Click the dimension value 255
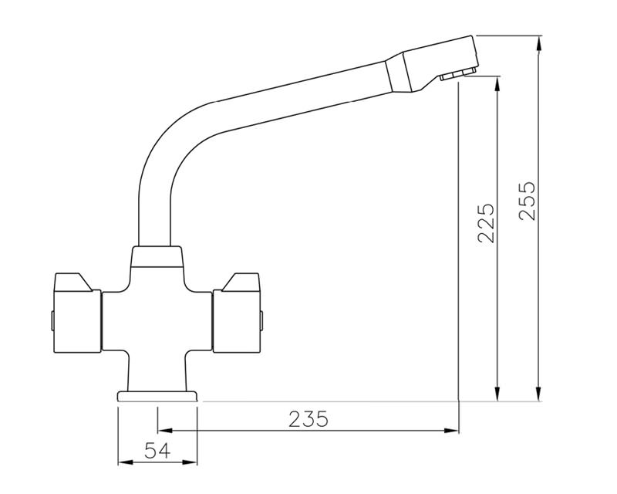click(x=527, y=201)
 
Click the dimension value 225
click(x=486, y=224)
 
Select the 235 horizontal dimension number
click(x=308, y=419)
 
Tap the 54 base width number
click(x=158, y=451)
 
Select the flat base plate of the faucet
click(x=157, y=396)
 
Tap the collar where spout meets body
click(x=157, y=257)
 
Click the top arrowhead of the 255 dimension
click(x=538, y=41)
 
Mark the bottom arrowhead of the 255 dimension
click(x=538, y=396)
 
